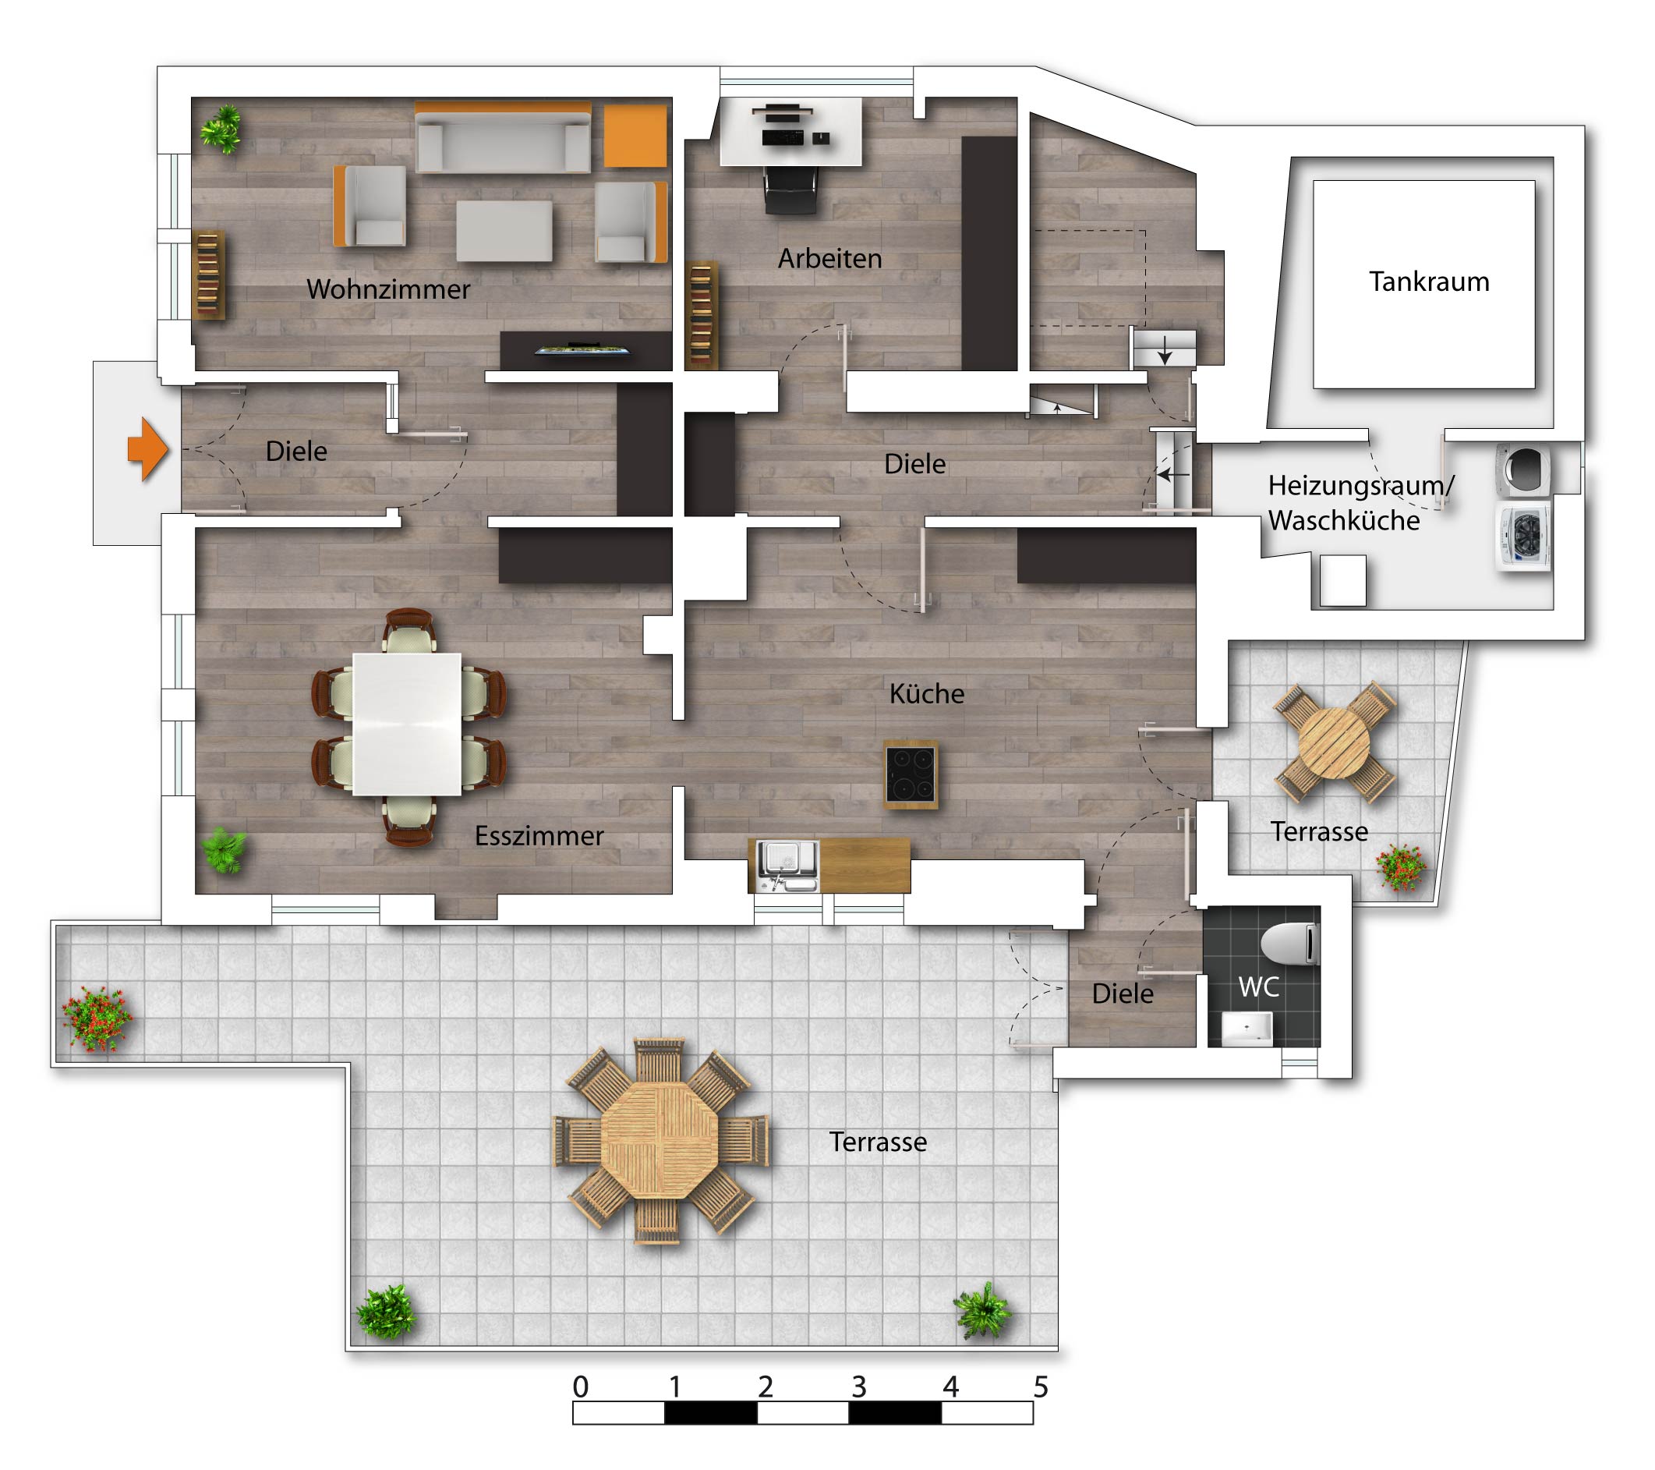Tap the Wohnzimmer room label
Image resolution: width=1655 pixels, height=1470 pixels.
pyautogui.click(x=388, y=289)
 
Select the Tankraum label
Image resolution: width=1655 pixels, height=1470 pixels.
pyautogui.click(x=1429, y=281)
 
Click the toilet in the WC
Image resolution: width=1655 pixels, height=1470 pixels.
pyautogui.click(x=1291, y=944)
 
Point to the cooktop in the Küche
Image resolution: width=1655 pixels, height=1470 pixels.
pyautogui.click(x=911, y=774)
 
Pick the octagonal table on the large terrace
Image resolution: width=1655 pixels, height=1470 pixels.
pyautogui.click(x=660, y=1142)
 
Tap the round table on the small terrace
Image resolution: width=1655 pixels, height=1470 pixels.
pyautogui.click(x=1335, y=743)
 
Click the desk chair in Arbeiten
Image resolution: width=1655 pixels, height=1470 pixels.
pyautogui.click(x=791, y=190)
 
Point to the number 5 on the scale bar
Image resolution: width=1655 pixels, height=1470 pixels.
pyautogui.click(x=1041, y=1387)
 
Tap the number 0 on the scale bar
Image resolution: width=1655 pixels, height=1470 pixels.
pyautogui.click(x=581, y=1387)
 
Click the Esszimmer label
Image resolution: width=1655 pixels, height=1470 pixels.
pyautogui.click(x=539, y=836)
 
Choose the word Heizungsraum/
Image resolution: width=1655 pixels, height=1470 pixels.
pyautogui.click(x=1361, y=485)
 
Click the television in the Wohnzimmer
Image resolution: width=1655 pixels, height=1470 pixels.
pyautogui.click(x=583, y=351)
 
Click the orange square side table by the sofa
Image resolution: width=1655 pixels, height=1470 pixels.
pyautogui.click(x=635, y=136)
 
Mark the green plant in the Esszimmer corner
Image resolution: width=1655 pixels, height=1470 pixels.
pyautogui.click(x=225, y=850)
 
